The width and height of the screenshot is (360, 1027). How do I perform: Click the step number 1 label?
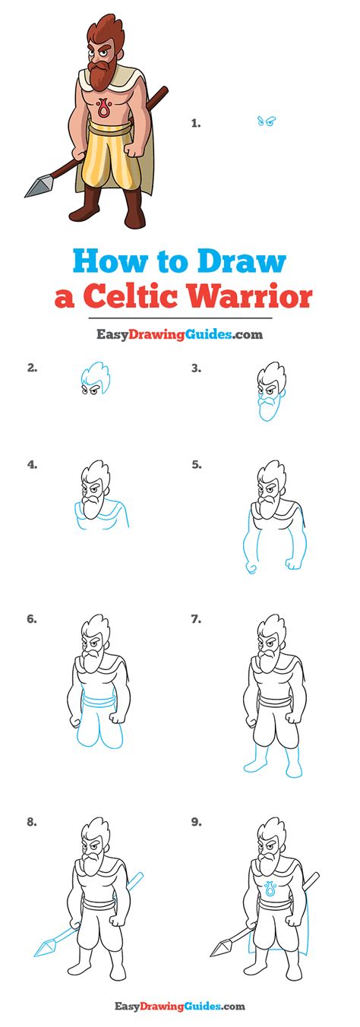pos(195,122)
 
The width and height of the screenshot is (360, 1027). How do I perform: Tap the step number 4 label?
pos(32,464)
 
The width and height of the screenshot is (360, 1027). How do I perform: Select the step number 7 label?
pos(196,619)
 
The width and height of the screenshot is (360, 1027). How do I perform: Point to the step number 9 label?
pos(196,820)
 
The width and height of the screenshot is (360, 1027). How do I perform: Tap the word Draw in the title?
pos(242,261)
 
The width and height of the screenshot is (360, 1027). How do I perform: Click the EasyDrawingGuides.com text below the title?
pos(179,333)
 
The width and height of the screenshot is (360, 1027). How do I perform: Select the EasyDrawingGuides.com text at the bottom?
pos(179,1006)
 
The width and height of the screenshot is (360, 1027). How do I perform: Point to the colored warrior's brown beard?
pos(99,73)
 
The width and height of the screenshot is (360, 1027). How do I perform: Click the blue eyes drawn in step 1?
pos(265,122)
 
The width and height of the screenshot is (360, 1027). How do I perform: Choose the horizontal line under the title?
pos(179,318)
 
